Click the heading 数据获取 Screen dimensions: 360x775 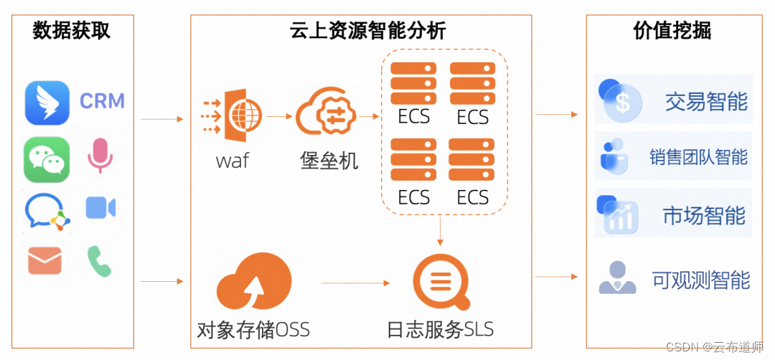click(x=72, y=31)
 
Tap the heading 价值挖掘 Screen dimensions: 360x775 click(x=672, y=31)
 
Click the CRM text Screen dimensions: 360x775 click(x=102, y=101)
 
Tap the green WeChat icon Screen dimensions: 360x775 click(x=47, y=159)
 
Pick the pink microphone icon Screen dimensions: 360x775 click(x=100, y=155)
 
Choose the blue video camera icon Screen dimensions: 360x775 click(x=100, y=208)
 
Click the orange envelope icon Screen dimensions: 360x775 click(x=45, y=260)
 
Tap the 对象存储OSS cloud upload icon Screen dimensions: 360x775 click(x=253, y=283)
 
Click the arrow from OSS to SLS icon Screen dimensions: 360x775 click(x=357, y=283)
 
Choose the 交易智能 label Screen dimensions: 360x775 click(x=706, y=102)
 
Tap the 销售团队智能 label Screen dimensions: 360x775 click(x=698, y=156)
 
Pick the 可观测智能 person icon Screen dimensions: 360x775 click(x=618, y=278)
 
